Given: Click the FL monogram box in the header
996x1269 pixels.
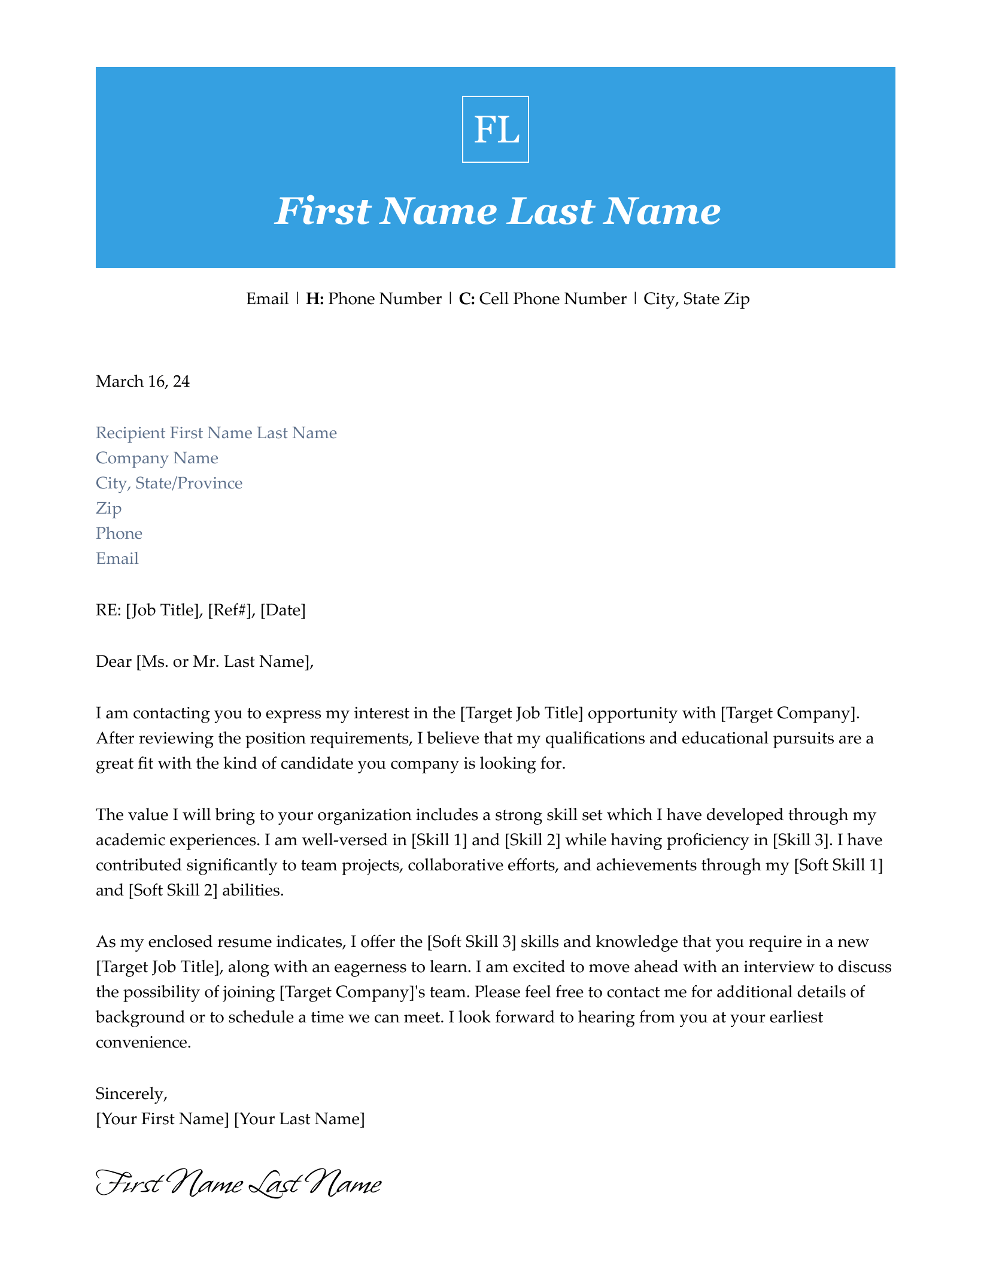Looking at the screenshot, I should click(495, 129).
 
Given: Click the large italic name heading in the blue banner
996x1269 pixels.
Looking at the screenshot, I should click(497, 212).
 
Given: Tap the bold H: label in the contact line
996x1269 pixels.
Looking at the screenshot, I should click(315, 299).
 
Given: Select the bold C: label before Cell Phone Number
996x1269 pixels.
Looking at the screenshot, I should click(467, 299).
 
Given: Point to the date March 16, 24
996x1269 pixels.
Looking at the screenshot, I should click(142, 381).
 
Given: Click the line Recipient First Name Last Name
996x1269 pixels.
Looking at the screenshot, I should click(216, 433).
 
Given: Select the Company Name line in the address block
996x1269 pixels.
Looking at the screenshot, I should click(157, 458).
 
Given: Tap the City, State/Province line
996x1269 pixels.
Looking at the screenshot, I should click(169, 483).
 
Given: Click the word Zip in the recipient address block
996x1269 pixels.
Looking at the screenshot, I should click(108, 508).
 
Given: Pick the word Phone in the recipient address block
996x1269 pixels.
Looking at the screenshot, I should click(119, 533).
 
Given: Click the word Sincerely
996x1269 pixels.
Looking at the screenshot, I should click(131, 1094).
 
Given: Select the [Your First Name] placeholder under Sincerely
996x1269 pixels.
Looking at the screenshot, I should click(162, 1119).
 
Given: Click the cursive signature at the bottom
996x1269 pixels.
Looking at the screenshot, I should click(238, 1185).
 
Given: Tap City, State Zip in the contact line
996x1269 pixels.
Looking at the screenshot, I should click(696, 299).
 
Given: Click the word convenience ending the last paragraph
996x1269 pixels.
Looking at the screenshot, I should click(142, 1042).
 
